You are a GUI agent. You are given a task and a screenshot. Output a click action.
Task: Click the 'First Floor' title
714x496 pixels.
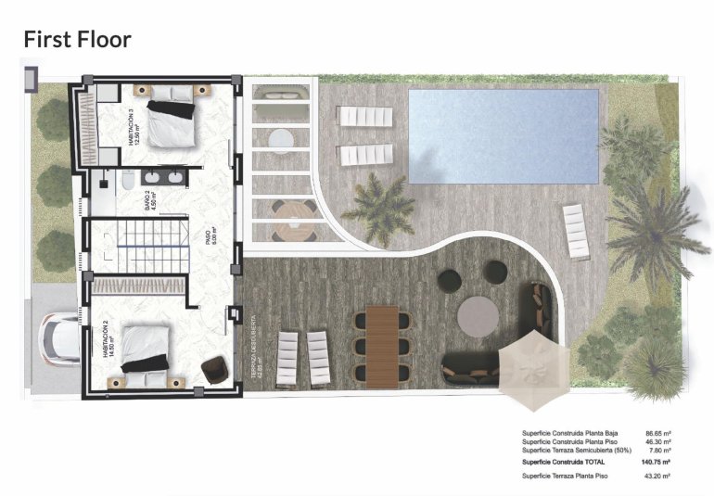pyautogui.click(x=78, y=39)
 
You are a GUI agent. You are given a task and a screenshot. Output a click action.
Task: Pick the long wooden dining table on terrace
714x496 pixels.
pyautogui.click(x=381, y=346)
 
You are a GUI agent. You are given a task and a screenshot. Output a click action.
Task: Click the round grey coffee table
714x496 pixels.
pyautogui.click(x=479, y=315)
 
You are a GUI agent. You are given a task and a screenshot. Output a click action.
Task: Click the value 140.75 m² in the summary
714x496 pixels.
pyautogui.click(x=655, y=461)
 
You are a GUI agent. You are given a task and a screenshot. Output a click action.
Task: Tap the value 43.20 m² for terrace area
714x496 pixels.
pyautogui.click(x=655, y=476)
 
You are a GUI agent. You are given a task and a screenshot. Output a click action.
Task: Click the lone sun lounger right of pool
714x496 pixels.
pyautogui.click(x=575, y=232)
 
